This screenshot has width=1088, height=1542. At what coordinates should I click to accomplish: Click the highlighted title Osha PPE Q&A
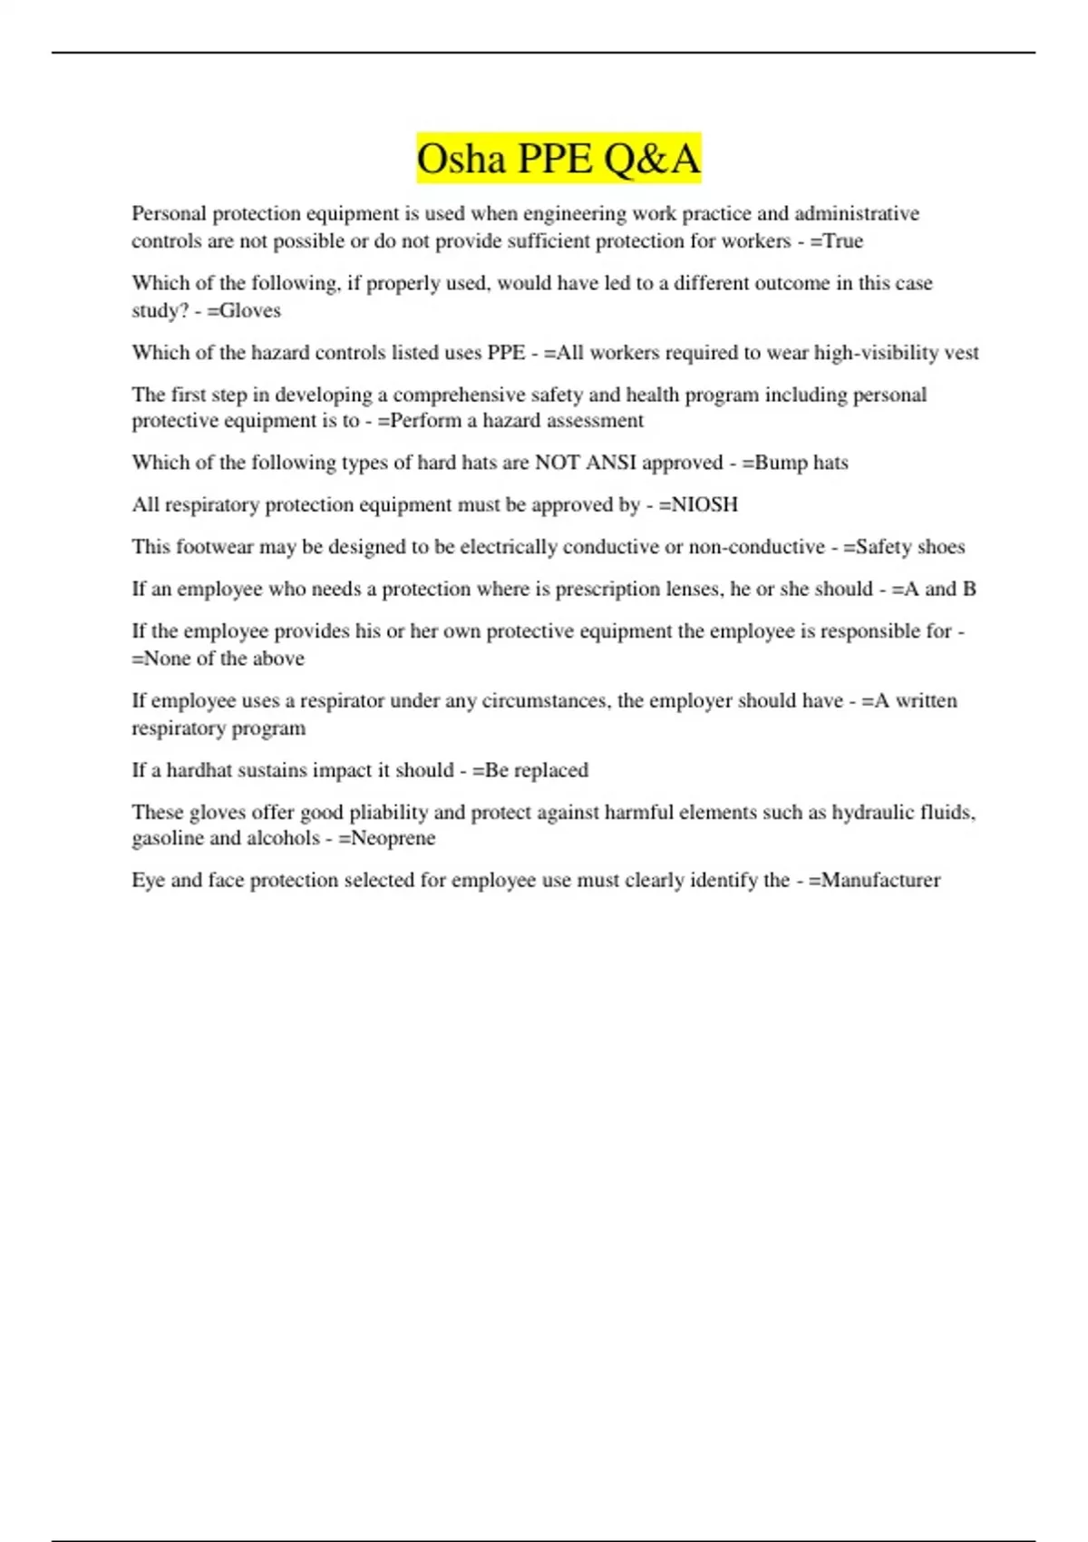[559, 159]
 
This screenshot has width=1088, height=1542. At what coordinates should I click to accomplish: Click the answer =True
[836, 241]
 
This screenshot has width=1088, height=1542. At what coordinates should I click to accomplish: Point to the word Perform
[424, 421]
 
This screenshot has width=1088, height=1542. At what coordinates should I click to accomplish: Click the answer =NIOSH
[698, 504]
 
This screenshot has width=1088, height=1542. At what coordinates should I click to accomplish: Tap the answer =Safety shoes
[904, 547]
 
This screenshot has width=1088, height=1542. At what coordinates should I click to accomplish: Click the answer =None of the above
[219, 659]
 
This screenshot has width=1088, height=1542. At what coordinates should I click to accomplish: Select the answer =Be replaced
[530, 770]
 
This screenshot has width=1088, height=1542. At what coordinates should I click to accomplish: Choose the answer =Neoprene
[387, 838]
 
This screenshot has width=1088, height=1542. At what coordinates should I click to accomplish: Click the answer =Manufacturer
[874, 880]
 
